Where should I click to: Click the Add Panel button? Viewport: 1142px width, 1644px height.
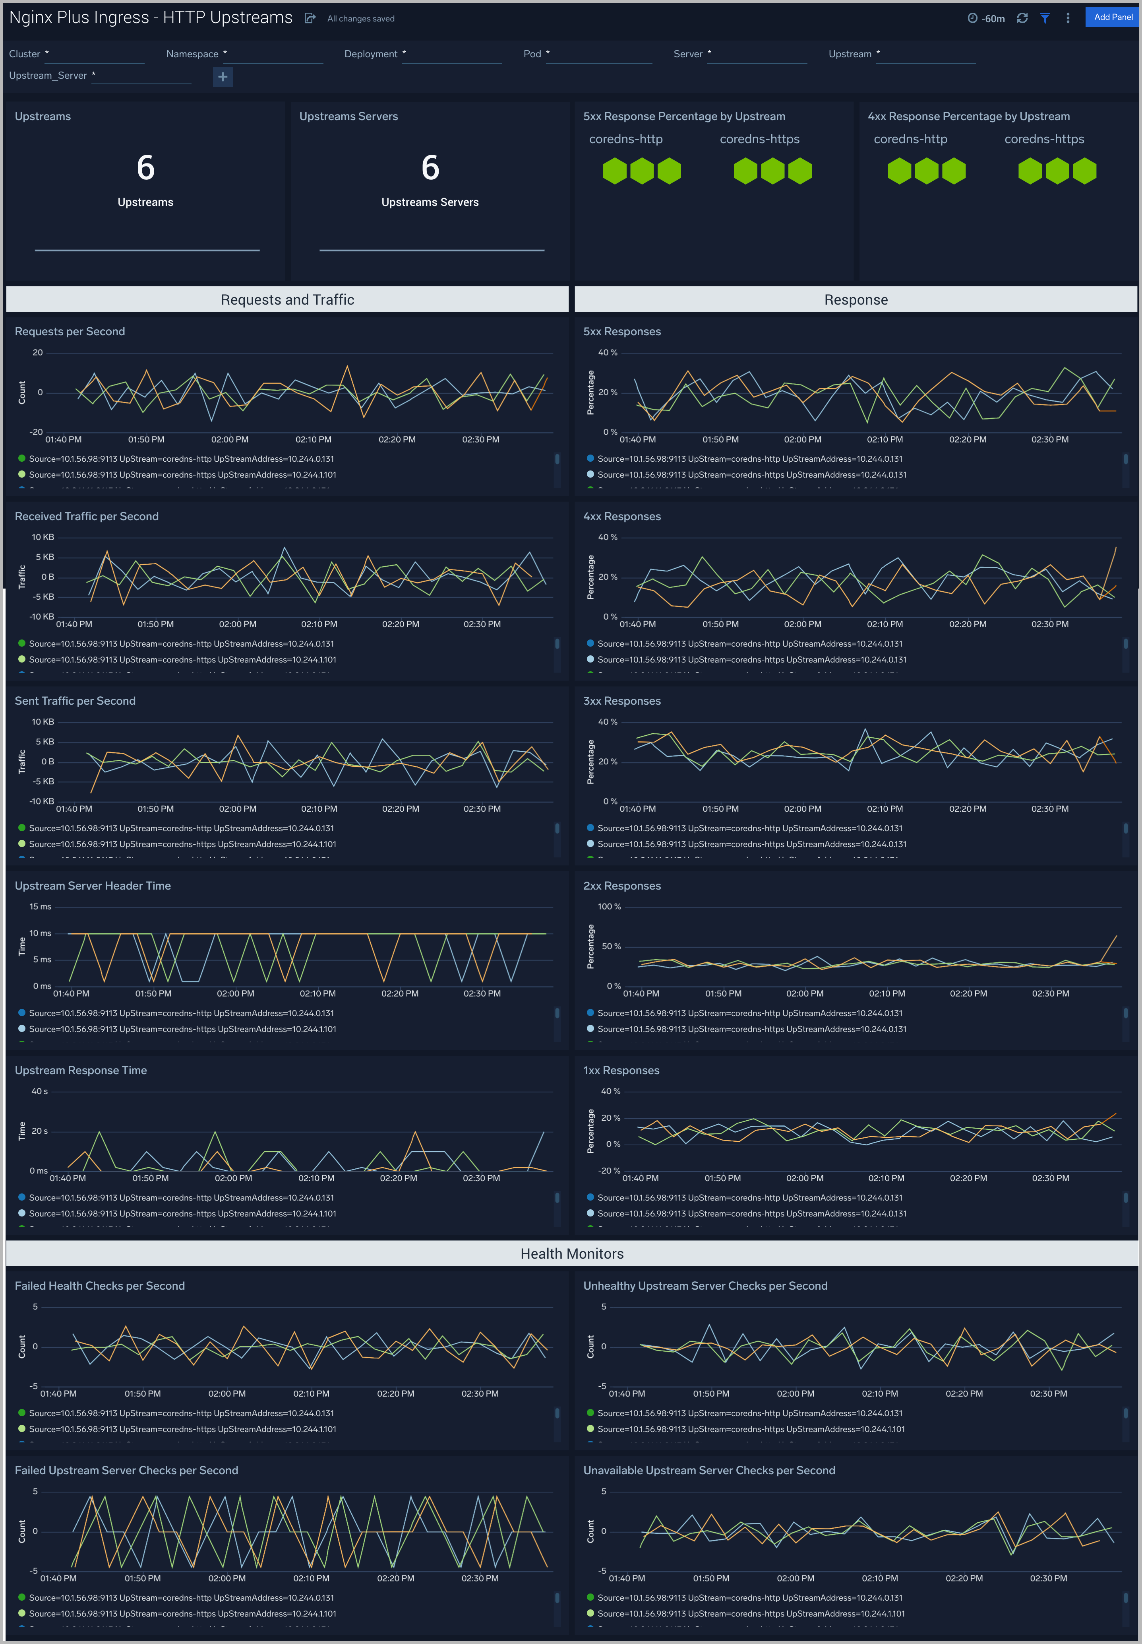click(1113, 17)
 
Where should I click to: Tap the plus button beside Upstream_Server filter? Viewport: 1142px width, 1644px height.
click(223, 77)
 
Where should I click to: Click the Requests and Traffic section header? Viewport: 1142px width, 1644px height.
click(287, 300)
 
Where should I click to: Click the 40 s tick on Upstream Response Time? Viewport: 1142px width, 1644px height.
click(39, 1091)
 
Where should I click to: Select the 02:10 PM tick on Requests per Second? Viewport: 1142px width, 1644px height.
click(314, 440)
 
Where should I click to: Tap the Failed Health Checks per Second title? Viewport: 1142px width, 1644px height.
click(99, 1286)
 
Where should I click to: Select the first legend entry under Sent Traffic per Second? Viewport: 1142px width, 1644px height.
click(181, 828)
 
